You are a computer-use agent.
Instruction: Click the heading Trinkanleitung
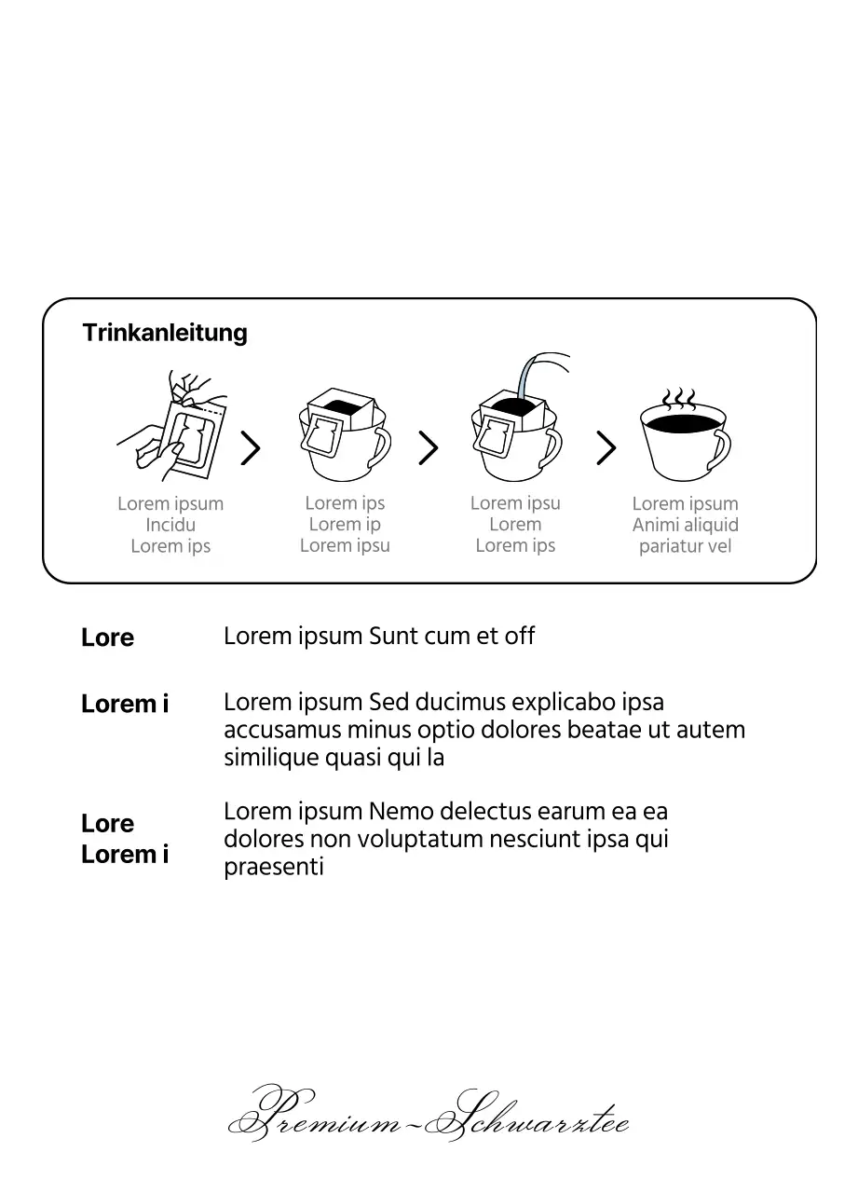click(165, 333)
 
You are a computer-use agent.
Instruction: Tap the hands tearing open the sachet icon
click(175, 423)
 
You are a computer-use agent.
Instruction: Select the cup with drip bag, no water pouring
click(344, 433)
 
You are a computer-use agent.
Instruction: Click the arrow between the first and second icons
click(250, 448)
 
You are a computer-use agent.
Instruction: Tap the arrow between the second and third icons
click(428, 448)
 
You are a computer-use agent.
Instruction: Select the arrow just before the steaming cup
click(606, 448)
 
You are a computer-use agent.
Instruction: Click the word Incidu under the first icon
click(170, 525)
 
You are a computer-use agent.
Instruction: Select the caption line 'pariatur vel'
click(685, 546)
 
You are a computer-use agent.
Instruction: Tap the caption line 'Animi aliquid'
click(685, 525)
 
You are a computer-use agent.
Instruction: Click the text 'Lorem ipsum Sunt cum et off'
click(379, 637)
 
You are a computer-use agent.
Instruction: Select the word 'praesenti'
click(274, 868)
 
